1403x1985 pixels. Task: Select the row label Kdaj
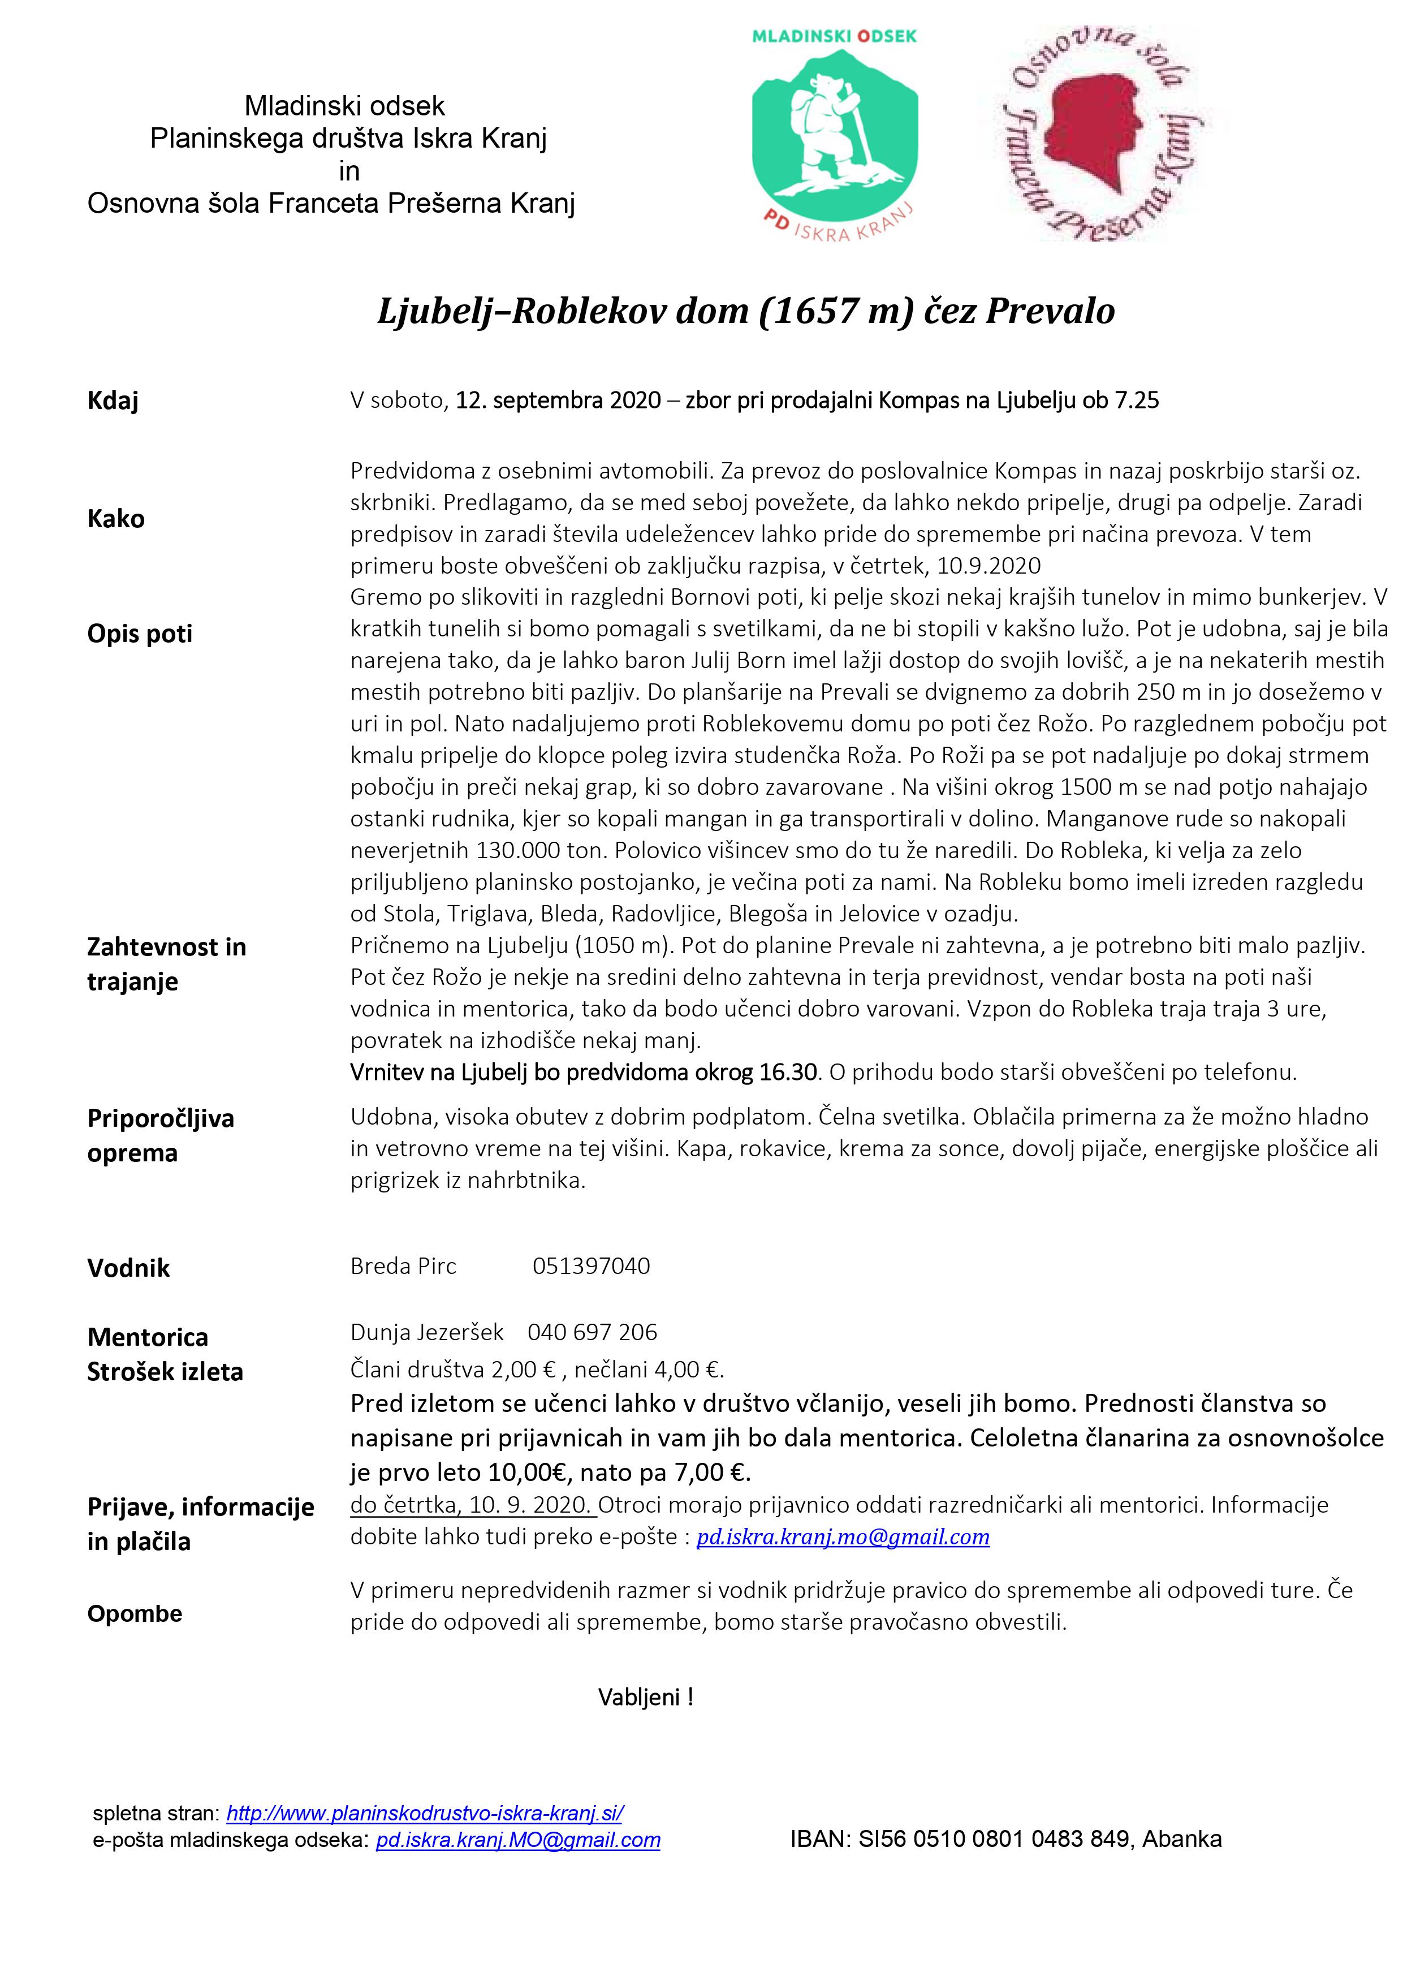[113, 401]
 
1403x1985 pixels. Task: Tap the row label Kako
[116, 519]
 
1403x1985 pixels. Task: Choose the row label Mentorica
[147, 1337]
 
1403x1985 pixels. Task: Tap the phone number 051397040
[592, 1267]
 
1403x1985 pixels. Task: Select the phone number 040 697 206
[592, 1332]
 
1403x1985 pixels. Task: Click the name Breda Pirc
[403, 1267]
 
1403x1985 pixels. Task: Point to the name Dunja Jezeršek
[426, 1332]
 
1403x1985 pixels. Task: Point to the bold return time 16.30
[788, 1073]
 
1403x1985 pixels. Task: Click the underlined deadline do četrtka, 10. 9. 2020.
[472, 1505]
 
